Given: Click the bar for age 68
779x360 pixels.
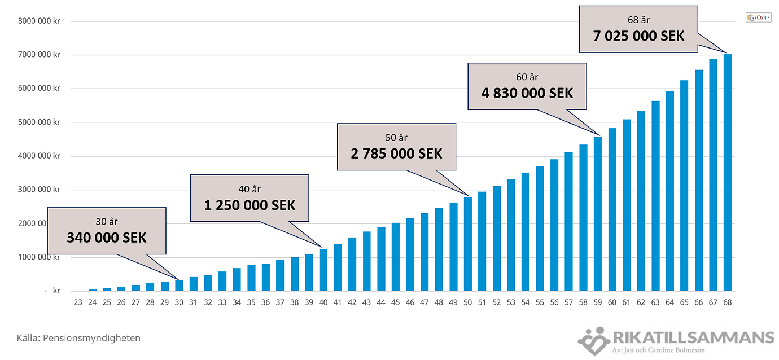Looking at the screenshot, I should [x=728, y=173].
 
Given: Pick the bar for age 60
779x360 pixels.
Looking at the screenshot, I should [x=612, y=209].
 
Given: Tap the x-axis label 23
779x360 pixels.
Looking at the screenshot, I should [x=78, y=302].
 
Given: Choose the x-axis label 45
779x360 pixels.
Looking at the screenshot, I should [x=396, y=302].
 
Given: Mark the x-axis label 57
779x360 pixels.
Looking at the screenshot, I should [x=569, y=302].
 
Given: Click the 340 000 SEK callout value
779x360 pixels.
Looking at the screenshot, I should [x=107, y=238].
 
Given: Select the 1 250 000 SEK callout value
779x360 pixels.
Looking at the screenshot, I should [x=250, y=205].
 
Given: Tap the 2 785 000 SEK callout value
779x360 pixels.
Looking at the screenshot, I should [x=396, y=153].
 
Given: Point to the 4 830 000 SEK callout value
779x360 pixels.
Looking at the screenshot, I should [x=527, y=93].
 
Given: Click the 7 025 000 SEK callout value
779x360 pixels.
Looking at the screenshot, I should [x=638, y=36].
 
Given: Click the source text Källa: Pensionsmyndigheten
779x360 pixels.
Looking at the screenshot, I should [x=78, y=338].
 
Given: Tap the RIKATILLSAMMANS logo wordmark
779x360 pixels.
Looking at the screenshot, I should [x=693, y=337].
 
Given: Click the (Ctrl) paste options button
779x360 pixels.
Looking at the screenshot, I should [x=758, y=17].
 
